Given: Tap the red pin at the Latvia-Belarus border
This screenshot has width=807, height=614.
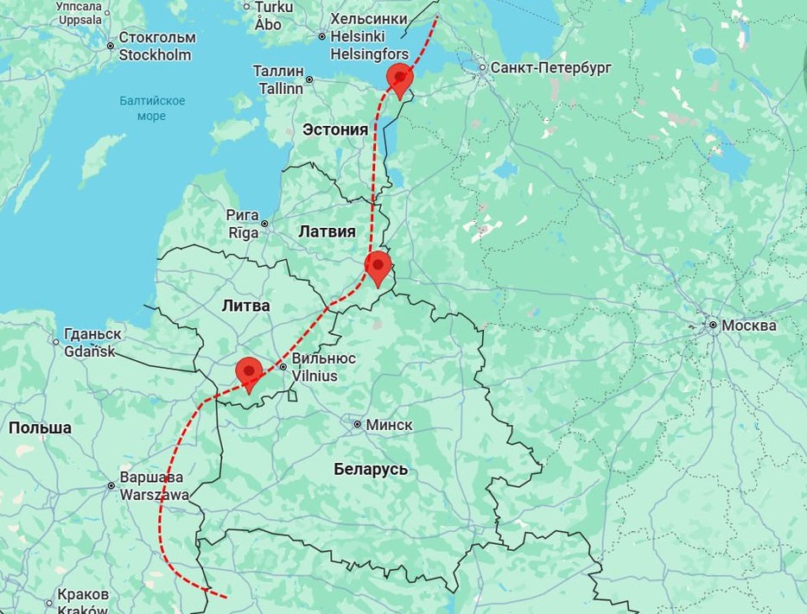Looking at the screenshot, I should (378, 267).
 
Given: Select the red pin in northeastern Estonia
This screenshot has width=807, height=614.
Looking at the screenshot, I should (399, 79).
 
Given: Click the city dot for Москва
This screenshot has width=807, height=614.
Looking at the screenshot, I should (713, 326).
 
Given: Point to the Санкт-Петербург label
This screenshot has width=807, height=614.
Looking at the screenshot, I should (550, 67).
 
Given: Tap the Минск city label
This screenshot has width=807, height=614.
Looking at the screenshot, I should (389, 425).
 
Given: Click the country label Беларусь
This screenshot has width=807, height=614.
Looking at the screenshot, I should (371, 470).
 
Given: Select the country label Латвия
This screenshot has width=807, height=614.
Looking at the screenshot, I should (327, 231).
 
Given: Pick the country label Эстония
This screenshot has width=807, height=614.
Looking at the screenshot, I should (335, 130).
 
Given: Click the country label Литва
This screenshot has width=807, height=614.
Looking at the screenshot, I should (245, 305).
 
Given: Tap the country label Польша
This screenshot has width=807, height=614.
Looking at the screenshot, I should (40, 428).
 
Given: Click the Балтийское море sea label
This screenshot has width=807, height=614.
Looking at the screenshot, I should (152, 109).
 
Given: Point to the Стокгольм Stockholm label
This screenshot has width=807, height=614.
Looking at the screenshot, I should (156, 47).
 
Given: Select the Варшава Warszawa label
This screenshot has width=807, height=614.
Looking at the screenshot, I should (154, 486).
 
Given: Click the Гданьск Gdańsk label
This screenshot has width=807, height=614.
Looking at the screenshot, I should (92, 342).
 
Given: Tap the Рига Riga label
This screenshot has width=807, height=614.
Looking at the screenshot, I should (242, 223).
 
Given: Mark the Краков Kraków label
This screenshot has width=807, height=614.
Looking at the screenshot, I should (83, 602).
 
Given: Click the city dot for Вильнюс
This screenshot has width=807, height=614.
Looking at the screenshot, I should (282, 367).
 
